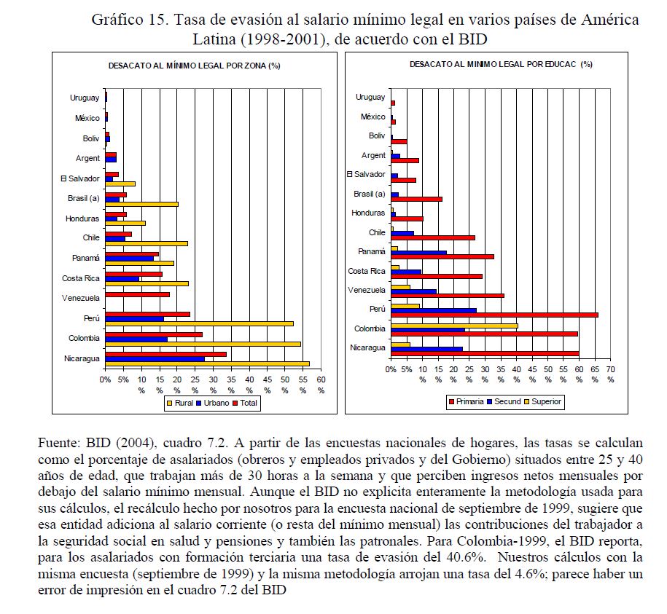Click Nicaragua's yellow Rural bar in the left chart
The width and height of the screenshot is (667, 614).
207,363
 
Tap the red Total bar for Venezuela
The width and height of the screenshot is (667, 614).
137,294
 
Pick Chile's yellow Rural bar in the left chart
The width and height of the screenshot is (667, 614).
146,243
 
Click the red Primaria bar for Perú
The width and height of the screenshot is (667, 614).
494,315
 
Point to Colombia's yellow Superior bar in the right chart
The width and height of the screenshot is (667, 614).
454,326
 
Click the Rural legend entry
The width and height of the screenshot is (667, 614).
181,403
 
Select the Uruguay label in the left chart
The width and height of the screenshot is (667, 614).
85,98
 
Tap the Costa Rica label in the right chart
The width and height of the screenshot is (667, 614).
367,271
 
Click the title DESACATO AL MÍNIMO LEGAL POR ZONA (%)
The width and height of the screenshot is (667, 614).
195,65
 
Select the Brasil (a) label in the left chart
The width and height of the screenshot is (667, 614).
83,198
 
